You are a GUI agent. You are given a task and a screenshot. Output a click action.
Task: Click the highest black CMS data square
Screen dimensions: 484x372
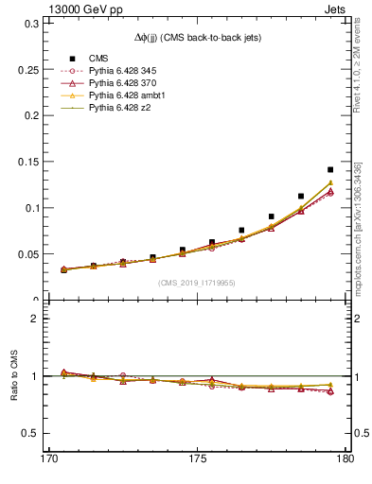click(x=330, y=144)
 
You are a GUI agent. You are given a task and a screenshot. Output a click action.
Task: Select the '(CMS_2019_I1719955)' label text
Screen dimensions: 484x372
click(x=198, y=282)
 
